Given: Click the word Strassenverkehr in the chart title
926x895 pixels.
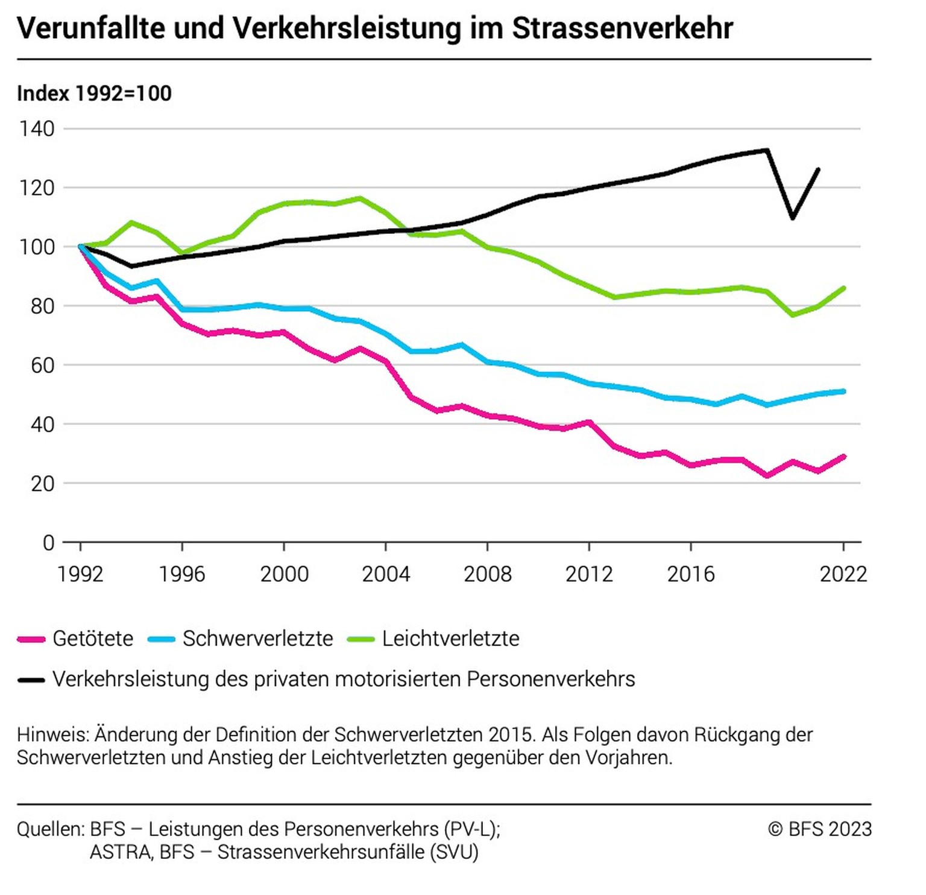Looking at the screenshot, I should coord(622,28).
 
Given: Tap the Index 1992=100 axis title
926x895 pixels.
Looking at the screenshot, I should coord(94,93).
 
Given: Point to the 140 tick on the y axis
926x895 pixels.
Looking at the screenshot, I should coord(37,128).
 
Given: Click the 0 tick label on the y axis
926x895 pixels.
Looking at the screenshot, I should coord(48,543).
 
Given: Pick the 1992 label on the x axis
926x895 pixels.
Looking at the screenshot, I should coord(80,574).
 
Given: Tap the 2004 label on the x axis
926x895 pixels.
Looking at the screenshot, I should coord(386,574).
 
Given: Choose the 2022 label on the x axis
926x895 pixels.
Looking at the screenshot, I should coord(843,574).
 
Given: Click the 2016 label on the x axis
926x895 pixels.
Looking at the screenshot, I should coord(691,574).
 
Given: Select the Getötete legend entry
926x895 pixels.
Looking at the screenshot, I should coord(93,639).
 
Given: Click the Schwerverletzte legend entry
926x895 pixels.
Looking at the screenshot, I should coord(257,639).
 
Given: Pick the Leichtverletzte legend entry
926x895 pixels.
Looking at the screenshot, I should coord(450,639).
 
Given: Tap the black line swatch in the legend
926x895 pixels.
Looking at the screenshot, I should coord(31,680).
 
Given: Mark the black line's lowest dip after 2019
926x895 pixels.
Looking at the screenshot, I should coord(793,218).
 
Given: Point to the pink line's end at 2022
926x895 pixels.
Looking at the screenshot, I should coord(843,457).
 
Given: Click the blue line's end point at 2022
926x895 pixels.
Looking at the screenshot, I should coord(843,391).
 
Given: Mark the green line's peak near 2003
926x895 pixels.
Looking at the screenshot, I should coord(360,198).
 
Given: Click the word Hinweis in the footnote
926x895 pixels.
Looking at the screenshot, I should coord(53,735).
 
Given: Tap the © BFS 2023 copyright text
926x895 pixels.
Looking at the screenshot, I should coord(820,829).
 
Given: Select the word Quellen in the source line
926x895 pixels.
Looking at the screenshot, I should coord(51,829).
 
